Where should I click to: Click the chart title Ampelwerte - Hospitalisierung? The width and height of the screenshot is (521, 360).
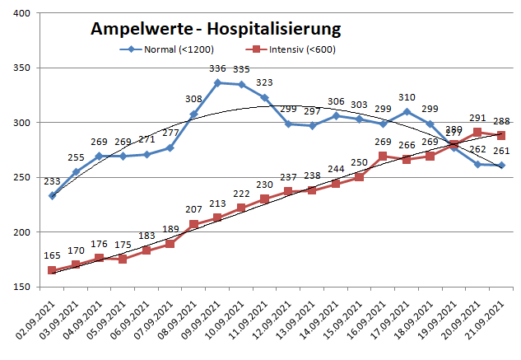[x=215, y=30]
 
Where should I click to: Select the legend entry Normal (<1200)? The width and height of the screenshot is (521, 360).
[x=165, y=49]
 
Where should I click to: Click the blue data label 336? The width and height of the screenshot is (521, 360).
[x=218, y=69]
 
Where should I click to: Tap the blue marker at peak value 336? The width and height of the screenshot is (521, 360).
[x=217, y=82]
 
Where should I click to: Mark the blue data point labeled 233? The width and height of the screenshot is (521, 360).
[x=52, y=195]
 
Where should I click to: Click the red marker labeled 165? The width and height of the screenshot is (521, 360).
[x=52, y=270]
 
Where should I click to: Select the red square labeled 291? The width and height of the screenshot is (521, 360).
[x=477, y=132]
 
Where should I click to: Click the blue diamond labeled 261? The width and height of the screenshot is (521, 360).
[x=501, y=166]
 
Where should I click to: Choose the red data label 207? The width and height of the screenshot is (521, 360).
[x=193, y=211]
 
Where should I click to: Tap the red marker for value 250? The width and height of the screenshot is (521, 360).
[x=359, y=177]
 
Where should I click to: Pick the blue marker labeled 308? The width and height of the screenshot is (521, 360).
[x=193, y=114]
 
